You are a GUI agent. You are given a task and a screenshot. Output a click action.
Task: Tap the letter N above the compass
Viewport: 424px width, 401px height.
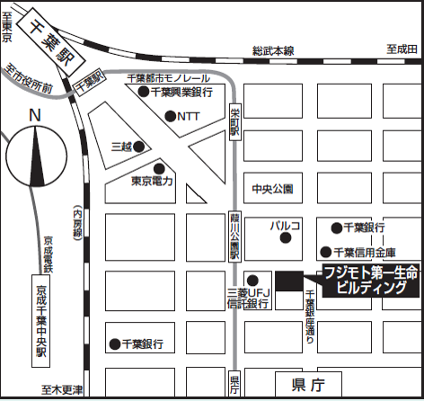[x=35, y=115]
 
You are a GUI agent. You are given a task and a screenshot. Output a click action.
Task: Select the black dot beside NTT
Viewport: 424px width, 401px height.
[x=171, y=115]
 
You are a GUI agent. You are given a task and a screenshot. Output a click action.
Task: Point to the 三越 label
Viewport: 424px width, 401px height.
[x=120, y=146]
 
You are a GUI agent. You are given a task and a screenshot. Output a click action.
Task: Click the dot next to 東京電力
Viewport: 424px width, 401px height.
[x=159, y=168]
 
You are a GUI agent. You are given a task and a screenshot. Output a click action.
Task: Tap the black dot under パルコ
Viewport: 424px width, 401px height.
[x=285, y=239]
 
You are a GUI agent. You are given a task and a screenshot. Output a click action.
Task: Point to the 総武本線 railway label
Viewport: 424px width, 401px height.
[x=274, y=51]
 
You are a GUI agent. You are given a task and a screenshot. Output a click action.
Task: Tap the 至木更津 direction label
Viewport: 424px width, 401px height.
[x=61, y=390]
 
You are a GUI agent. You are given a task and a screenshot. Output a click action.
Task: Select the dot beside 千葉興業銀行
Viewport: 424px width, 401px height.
[x=143, y=92]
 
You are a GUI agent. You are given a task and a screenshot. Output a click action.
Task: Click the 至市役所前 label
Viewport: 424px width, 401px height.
[x=31, y=81]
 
